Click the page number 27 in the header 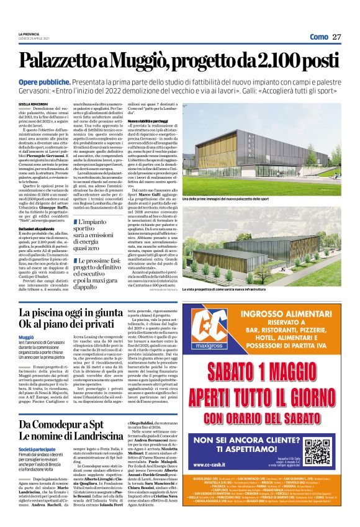tap(337, 37)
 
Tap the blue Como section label tap(318, 37)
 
